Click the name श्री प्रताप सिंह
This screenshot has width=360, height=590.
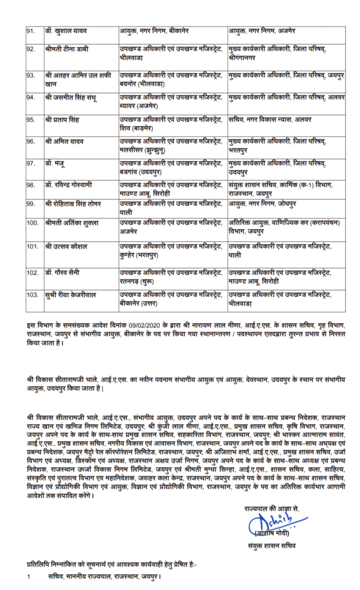tap(62, 119)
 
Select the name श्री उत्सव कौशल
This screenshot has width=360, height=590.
tap(65, 246)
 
